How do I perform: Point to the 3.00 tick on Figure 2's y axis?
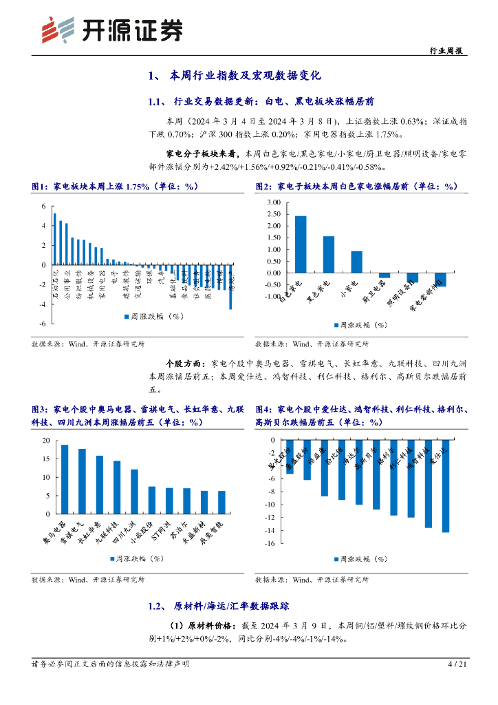tap(272, 203)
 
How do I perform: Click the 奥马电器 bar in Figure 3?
tap(65, 479)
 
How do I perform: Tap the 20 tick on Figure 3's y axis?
tap(46, 441)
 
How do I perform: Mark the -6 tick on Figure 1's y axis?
tap(43, 324)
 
